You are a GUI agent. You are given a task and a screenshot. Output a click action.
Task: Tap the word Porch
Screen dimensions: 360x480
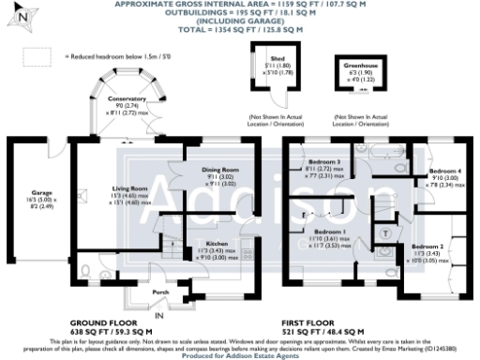(161, 292)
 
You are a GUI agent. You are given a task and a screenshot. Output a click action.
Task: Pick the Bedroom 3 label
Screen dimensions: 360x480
(322, 161)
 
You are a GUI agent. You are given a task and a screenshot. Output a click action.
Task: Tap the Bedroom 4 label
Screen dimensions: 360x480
(444, 172)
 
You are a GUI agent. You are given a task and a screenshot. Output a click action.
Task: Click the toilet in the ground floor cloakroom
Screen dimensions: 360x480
(85, 274)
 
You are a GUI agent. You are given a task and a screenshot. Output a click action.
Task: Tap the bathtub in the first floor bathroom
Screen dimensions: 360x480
(384, 150)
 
